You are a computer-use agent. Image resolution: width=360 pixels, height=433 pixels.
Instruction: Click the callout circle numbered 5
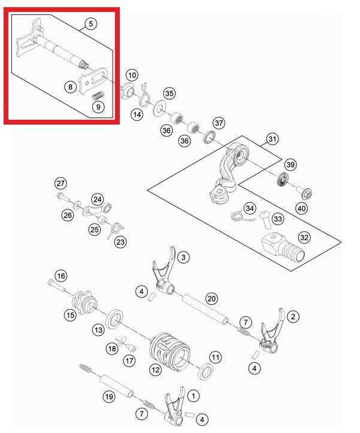tap(90, 24)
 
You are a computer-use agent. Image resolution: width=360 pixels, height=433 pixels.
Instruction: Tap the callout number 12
tap(156, 370)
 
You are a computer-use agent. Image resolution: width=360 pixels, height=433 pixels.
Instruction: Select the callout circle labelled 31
tap(273, 140)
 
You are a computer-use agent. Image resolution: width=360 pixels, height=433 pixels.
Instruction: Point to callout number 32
tap(305, 237)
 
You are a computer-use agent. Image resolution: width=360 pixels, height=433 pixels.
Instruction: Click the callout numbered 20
tap(211, 298)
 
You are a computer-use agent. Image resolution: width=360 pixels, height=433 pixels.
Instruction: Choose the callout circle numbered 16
tap(61, 275)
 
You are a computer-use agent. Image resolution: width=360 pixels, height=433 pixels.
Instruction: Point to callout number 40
tap(302, 209)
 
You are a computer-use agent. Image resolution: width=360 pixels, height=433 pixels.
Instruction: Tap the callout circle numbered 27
tap(60, 183)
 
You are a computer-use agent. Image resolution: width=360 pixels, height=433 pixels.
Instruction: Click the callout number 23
tap(120, 243)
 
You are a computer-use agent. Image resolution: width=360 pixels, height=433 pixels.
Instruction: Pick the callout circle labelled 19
tap(108, 396)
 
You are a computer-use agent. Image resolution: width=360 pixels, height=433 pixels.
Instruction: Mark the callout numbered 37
tap(219, 123)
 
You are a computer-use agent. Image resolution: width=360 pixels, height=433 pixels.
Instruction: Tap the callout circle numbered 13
tap(98, 329)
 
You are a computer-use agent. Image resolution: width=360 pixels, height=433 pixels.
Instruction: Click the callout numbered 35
tap(170, 93)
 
